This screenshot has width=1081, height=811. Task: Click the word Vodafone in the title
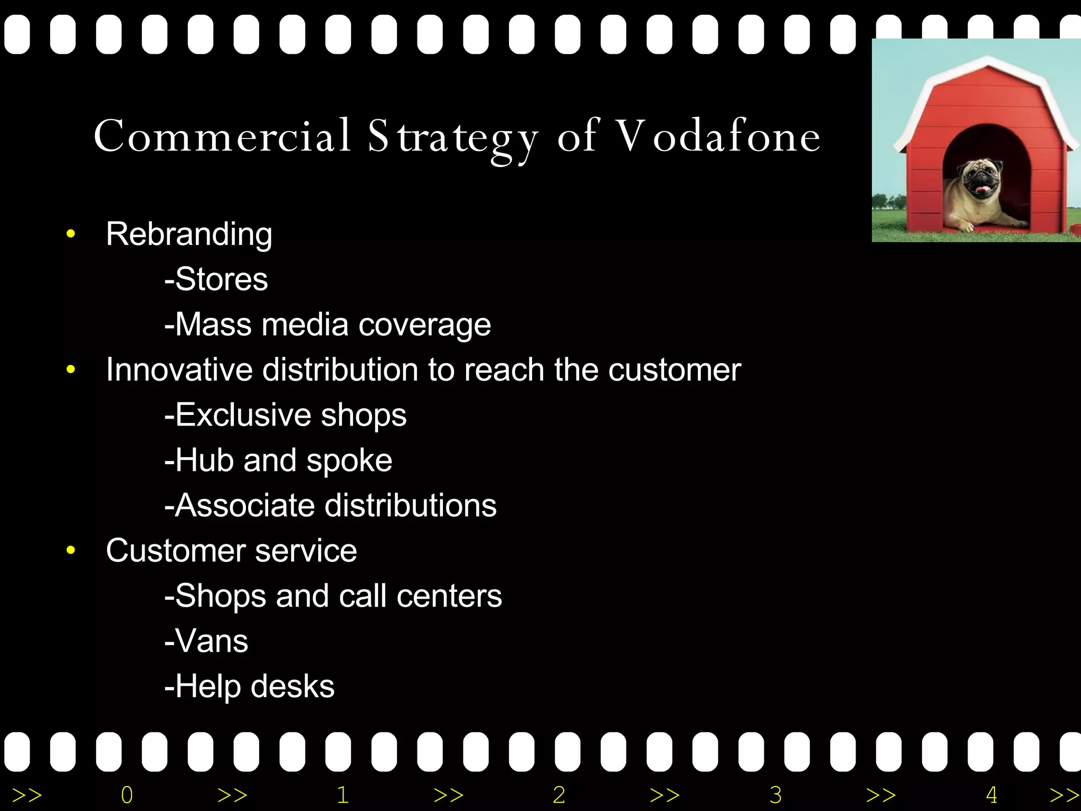click(x=718, y=136)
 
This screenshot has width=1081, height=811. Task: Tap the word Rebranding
click(x=189, y=234)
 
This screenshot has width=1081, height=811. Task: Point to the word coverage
click(x=425, y=325)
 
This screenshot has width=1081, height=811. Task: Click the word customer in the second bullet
click(x=675, y=370)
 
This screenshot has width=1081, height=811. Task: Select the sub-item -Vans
click(x=206, y=641)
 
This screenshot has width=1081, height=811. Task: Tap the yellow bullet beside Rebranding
click(x=71, y=234)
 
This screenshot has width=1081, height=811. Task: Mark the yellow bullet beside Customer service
click(x=71, y=551)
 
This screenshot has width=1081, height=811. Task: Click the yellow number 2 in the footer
click(x=559, y=795)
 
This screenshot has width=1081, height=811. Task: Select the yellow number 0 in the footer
click(x=127, y=795)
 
